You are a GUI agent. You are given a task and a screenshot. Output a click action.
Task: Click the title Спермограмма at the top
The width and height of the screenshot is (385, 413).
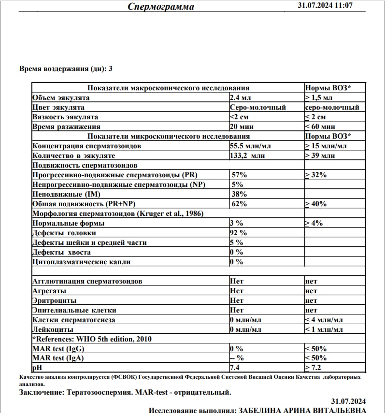(161, 6)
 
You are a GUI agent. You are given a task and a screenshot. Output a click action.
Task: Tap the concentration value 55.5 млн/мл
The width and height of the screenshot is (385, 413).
(251, 146)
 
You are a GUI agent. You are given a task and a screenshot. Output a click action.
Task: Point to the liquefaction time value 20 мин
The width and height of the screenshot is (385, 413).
(241, 127)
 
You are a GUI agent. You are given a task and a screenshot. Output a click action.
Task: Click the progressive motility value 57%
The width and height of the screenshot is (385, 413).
(240, 175)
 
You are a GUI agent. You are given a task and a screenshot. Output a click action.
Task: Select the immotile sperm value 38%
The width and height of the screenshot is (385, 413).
(240, 194)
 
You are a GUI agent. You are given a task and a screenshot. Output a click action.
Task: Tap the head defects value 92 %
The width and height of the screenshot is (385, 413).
(239, 233)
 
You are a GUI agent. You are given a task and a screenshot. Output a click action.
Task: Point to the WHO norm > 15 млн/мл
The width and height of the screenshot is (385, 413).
(326, 146)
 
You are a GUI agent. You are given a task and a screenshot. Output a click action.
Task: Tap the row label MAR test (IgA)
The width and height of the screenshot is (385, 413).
(57, 358)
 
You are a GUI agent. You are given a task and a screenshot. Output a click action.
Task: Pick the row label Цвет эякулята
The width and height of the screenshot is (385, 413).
(58, 107)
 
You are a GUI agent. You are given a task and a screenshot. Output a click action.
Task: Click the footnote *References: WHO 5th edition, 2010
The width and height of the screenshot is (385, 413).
(92, 339)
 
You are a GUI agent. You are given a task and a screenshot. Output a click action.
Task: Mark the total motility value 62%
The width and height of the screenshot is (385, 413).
(240, 204)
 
